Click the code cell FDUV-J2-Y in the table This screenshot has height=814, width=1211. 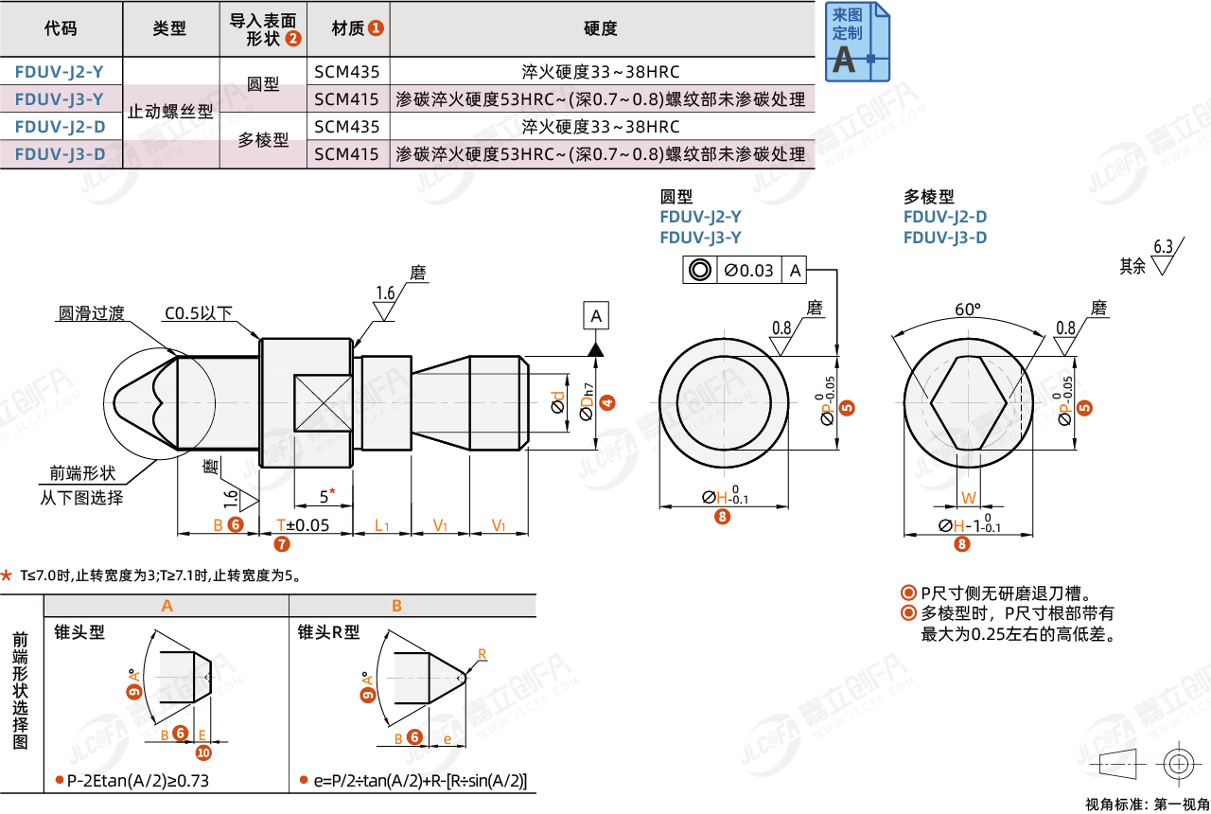pos(61,72)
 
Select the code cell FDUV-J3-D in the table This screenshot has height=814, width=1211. pos(61,153)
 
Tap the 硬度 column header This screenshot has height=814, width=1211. pos(601,28)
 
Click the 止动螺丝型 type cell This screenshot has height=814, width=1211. pos(170,112)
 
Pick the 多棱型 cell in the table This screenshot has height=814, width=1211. pos(263,140)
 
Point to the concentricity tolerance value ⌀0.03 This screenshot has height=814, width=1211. pos(748,271)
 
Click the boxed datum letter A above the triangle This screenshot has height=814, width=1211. pos(596,316)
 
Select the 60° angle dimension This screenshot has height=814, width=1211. pos(968,310)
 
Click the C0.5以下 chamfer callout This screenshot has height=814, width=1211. pos(198,313)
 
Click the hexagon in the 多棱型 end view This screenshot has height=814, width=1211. pos(968,401)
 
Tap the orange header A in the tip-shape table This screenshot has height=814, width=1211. pos(167,606)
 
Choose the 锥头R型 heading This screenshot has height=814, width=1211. pos(329,632)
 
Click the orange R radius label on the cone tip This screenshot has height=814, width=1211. pos(482,654)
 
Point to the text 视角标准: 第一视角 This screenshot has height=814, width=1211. pos(1147,804)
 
